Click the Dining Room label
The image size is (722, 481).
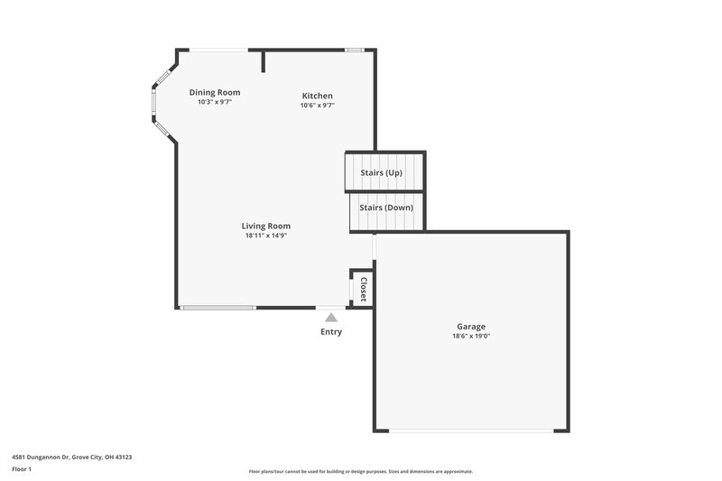pyautogui.click(x=215, y=92)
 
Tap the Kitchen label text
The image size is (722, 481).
pyautogui.click(x=317, y=96)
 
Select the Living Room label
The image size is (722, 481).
pyautogui.click(x=266, y=226)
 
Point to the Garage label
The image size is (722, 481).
pyautogui.click(x=470, y=327)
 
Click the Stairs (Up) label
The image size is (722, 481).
pyautogui.click(x=381, y=172)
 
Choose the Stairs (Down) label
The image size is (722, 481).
pyautogui.click(x=386, y=208)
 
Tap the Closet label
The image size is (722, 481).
pyautogui.click(x=363, y=289)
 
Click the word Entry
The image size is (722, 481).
pyautogui.click(x=331, y=332)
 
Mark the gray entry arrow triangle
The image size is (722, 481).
pyautogui.click(x=331, y=318)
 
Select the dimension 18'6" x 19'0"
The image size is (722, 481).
pyautogui.click(x=470, y=337)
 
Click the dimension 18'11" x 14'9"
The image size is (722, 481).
pyautogui.click(x=266, y=236)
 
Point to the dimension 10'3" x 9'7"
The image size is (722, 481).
pyautogui.click(x=215, y=102)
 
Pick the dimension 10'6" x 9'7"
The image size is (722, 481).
pyautogui.click(x=317, y=106)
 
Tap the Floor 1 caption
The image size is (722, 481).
pyautogui.click(x=22, y=470)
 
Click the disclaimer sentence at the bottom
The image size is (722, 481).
pyautogui.click(x=360, y=471)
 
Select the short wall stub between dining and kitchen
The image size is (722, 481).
pyautogui.click(x=263, y=60)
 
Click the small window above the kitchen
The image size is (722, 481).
pyautogui.click(x=355, y=50)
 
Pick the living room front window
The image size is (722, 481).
pyautogui.click(x=218, y=308)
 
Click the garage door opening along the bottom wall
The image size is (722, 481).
pyautogui.click(x=470, y=430)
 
